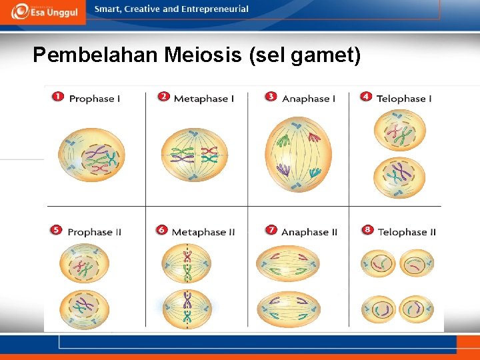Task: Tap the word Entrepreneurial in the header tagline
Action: pos(213,9)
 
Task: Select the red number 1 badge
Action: pos(59,97)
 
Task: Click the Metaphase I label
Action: pos(203,99)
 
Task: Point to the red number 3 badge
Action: pos(271,97)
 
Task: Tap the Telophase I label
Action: pos(404,99)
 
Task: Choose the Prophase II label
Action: pos(94,232)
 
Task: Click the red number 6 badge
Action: pos(162,231)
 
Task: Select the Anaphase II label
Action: pos(309,232)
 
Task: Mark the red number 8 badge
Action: pos(367,231)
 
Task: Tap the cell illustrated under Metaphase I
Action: pos(194,155)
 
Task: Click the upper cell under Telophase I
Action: pos(399,131)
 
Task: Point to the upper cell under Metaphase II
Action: pos(187,264)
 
